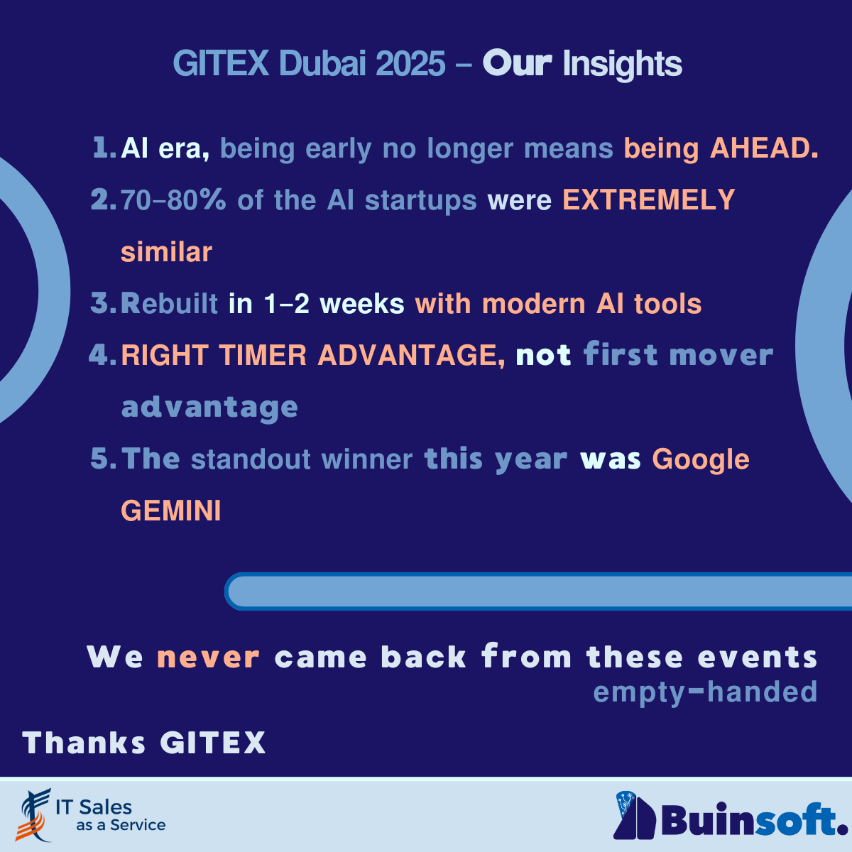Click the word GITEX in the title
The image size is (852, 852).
tap(221, 64)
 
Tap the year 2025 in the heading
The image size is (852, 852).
tap(410, 64)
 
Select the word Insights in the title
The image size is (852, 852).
tap(622, 65)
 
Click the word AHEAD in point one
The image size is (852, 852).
tap(764, 148)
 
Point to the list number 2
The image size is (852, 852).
tap(103, 200)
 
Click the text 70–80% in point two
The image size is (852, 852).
tap(173, 200)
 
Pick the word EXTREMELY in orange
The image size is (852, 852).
tap(648, 200)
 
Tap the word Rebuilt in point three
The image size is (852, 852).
tap(169, 304)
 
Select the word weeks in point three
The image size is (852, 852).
tap(361, 304)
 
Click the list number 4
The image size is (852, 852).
tap(102, 355)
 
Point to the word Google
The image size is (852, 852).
tap(700, 459)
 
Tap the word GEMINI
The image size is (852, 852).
tap(171, 511)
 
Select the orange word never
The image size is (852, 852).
tap(208, 657)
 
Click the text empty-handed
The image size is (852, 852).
tap(705, 692)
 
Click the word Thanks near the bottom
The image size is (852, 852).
tap(84, 743)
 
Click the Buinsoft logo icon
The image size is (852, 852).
tap(634, 816)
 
